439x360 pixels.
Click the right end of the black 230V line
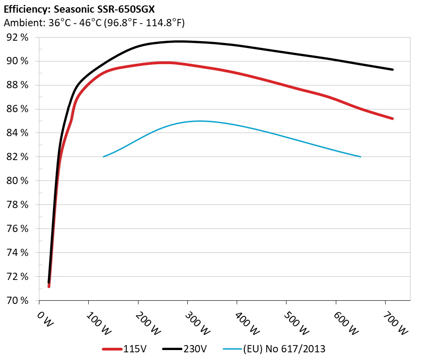(393, 70)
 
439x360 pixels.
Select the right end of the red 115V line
(393, 118)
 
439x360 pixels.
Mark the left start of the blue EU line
(104, 156)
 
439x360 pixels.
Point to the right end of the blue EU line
(361, 156)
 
